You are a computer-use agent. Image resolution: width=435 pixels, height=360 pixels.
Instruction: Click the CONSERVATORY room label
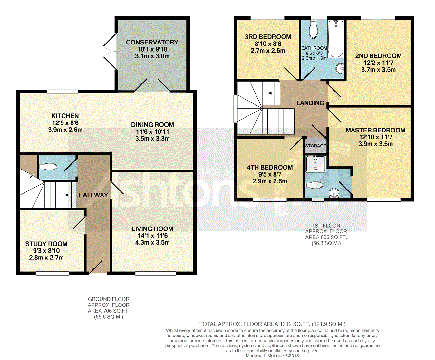click(x=152, y=42)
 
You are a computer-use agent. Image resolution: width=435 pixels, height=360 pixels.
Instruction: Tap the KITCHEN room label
click(x=65, y=116)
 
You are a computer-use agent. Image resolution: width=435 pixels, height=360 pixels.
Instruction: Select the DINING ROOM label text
click(x=152, y=125)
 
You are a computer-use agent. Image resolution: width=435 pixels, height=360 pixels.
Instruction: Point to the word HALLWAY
click(x=93, y=195)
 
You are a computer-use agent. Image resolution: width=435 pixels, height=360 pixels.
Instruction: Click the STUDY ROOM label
click(x=46, y=244)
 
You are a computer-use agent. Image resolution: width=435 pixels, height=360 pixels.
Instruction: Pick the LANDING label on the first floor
click(x=310, y=103)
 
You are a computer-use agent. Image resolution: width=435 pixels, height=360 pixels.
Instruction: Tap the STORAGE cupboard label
click(x=316, y=146)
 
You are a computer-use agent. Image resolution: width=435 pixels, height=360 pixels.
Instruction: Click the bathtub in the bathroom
click(x=335, y=39)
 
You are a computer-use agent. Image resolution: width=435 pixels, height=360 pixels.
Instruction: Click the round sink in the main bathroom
click(x=340, y=69)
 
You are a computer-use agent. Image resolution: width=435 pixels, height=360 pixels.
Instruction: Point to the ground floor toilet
click(x=48, y=167)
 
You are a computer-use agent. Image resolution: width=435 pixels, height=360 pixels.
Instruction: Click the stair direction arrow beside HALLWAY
click(x=70, y=195)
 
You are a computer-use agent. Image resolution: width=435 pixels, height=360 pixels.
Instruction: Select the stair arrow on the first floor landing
click(x=273, y=93)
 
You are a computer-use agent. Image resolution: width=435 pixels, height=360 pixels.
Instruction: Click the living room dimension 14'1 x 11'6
click(x=152, y=236)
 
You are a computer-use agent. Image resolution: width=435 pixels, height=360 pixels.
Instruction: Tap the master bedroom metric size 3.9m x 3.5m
click(x=376, y=144)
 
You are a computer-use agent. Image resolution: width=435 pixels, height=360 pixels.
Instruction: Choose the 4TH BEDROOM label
click(x=270, y=167)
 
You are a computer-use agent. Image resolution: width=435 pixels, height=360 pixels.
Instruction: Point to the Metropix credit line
click(x=272, y=356)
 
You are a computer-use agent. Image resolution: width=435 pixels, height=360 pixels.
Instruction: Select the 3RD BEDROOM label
click(x=268, y=37)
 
